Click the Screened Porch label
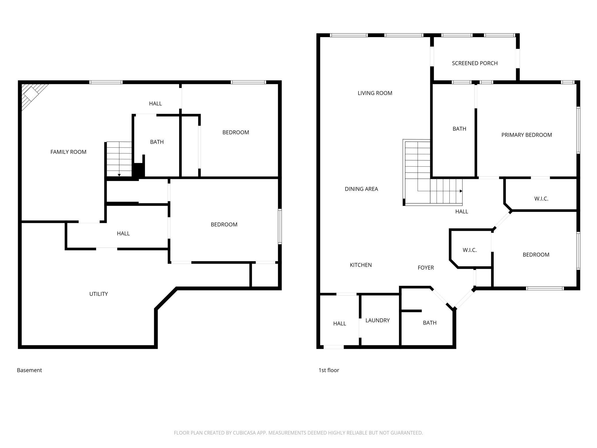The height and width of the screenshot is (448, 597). pyautogui.click(x=475, y=63)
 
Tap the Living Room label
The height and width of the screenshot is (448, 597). pyautogui.click(x=375, y=93)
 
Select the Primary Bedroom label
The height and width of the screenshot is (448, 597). pyautogui.click(x=527, y=135)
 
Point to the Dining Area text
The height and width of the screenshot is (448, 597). pyautogui.click(x=361, y=189)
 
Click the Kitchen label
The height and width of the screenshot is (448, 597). pyautogui.click(x=361, y=265)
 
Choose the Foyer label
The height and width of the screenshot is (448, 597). pyautogui.click(x=426, y=268)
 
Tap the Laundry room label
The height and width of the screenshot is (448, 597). pyautogui.click(x=377, y=320)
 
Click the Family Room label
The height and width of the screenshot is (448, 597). pyautogui.click(x=68, y=152)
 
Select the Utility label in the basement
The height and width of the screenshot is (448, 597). pyautogui.click(x=98, y=294)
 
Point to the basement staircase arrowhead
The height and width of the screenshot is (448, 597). pyautogui.click(x=119, y=175)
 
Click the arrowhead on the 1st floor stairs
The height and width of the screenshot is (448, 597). pyautogui.click(x=461, y=191)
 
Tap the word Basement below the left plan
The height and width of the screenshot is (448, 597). pyautogui.click(x=29, y=370)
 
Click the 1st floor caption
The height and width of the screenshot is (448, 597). pyautogui.click(x=329, y=370)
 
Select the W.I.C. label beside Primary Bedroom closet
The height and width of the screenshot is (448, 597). pyautogui.click(x=541, y=199)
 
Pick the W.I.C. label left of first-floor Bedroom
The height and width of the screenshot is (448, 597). pyautogui.click(x=470, y=250)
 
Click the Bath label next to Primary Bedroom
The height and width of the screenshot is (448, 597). pyautogui.click(x=459, y=129)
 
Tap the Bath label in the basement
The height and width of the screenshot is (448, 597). pyautogui.click(x=157, y=142)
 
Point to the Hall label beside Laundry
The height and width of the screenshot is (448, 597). pyautogui.click(x=340, y=324)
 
